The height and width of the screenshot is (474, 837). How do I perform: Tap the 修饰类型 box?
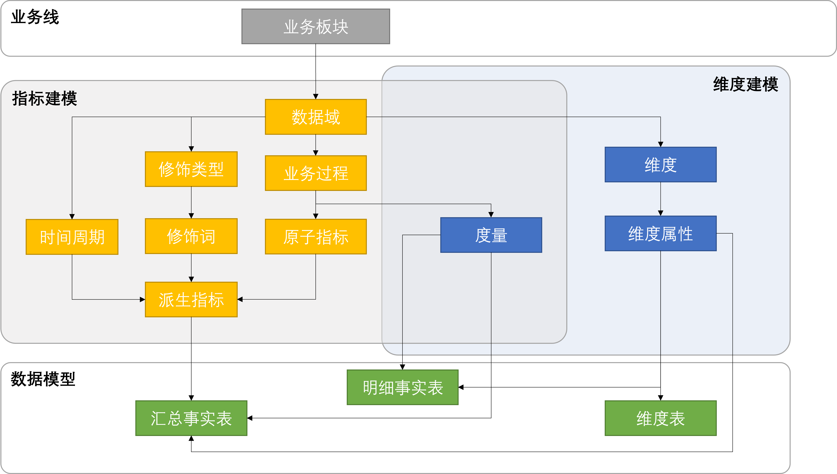click(191, 169)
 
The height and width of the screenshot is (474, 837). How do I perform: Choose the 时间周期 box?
click(72, 237)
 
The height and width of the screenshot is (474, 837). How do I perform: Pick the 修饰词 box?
click(191, 236)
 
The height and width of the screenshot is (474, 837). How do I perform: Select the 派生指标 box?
click(191, 299)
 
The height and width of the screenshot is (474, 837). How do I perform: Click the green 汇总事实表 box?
click(191, 418)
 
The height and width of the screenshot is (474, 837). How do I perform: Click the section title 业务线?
click(35, 17)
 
